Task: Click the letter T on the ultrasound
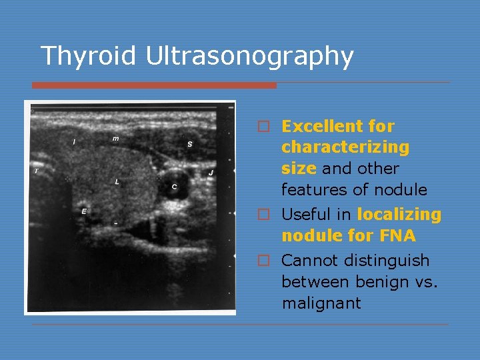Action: point(36,171)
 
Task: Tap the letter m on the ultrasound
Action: point(116,139)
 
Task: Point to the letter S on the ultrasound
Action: point(189,144)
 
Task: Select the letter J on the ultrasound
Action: point(211,173)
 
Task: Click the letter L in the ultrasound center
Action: point(117,181)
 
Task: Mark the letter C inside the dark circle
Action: point(174,187)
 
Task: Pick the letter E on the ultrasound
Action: point(83,211)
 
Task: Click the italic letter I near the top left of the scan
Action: point(73,141)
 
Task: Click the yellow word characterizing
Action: point(345,147)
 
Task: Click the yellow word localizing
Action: point(399,215)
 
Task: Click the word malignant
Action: point(321,303)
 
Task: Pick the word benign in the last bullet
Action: point(373,282)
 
